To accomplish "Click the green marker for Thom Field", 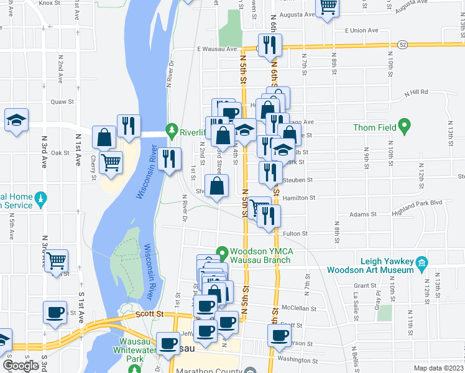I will (405, 128).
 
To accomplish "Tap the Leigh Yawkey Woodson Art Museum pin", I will (421, 262).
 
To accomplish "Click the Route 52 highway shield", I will (403, 45).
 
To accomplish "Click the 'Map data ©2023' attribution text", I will (438, 368).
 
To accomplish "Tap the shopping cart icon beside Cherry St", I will (111, 163).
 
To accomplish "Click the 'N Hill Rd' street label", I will (416, 92).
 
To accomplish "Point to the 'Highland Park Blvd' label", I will (420, 202).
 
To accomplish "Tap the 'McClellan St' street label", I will (296, 307).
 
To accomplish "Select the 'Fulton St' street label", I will (295, 234).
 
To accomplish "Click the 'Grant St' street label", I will (362, 286).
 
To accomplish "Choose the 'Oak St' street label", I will (60, 152).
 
